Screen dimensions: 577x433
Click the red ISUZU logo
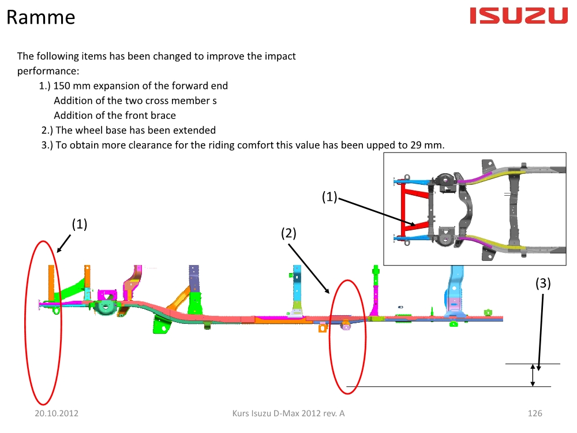pos(519,16)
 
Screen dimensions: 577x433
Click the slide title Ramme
pos(41,17)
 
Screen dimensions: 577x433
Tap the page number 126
pos(535,413)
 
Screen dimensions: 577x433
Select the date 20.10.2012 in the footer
pos(57,413)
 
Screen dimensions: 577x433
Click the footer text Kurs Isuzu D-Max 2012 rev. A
pos(288,413)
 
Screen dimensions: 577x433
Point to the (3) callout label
pos(543,283)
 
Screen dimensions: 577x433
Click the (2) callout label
pos(288,233)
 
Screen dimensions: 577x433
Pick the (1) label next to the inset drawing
pos(329,197)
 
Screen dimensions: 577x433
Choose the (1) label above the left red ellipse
pos(80,224)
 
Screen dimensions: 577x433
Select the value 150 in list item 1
pos(62,86)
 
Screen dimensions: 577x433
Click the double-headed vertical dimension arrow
pos(533,375)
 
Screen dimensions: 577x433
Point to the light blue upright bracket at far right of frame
pos(455,290)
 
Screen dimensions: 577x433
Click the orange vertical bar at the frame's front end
pos(51,283)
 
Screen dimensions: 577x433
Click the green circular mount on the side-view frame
pos(105,307)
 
